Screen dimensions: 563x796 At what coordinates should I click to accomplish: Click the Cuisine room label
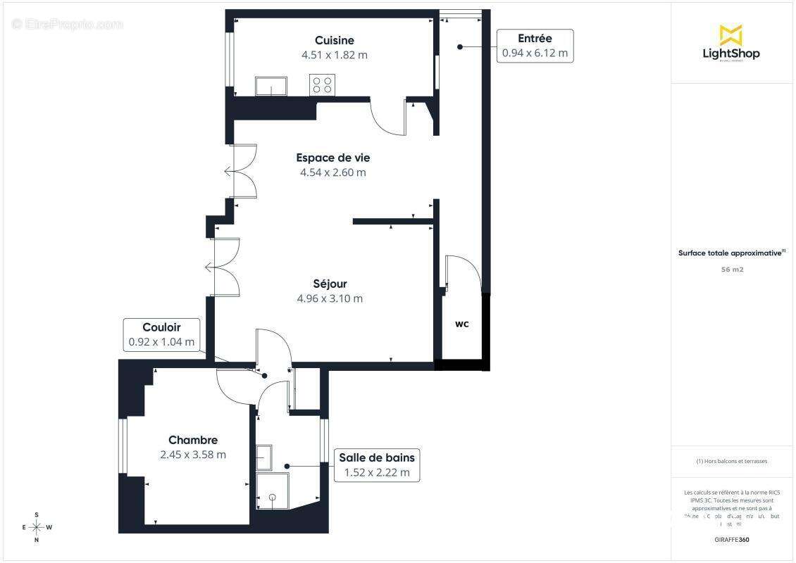pyautogui.click(x=335, y=41)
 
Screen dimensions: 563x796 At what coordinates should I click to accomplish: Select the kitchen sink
pyautogui.click(x=271, y=87)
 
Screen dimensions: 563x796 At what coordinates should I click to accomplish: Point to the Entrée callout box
pyautogui.click(x=535, y=46)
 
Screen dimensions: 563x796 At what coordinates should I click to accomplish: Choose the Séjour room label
pyautogui.click(x=330, y=284)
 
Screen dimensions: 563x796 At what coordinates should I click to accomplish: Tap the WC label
pyautogui.click(x=461, y=324)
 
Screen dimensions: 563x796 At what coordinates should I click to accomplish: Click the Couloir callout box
pyautogui.click(x=161, y=335)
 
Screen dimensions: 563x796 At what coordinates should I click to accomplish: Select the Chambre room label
pyautogui.click(x=193, y=441)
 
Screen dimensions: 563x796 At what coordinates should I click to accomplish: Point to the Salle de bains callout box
pyautogui.click(x=377, y=465)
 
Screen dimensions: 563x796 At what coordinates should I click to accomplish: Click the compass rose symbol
pyautogui.click(x=37, y=527)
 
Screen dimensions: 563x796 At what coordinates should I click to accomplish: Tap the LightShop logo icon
pyautogui.click(x=730, y=35)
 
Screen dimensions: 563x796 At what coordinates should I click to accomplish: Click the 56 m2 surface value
pyautogui.click(x=732, y=270)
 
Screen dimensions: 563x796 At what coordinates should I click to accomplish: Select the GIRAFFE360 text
pyautogui.click(x=732, y=540)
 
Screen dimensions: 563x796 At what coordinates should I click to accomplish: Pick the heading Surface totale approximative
pyautogui.click(x=730, y=253)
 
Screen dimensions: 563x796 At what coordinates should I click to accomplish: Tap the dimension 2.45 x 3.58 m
pyautogui.click(x=193, y=455)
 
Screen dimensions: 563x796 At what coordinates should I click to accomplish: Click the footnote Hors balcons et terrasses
pyautogui.click(x=732, y=462)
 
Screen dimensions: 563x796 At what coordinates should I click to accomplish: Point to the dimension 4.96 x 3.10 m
pyautogui.click(x=330, y=298)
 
